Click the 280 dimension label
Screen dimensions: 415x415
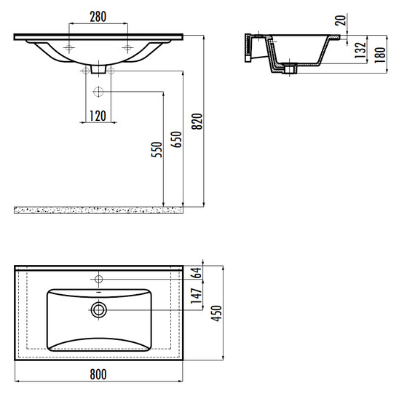tap(98, 17)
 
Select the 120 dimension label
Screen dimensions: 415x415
tap(98, 116)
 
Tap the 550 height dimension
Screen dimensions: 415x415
tap(157, 149)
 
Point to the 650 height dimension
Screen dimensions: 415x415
tap(176, 139)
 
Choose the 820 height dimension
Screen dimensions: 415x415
tap(197, 122)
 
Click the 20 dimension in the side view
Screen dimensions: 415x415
tap(341, 20)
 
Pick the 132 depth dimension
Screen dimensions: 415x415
tap(360, 50)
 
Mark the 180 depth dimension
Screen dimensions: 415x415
tap(380, 55)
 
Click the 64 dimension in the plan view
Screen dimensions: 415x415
tap(197, 272)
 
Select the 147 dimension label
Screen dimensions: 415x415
tap(197, 296)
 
